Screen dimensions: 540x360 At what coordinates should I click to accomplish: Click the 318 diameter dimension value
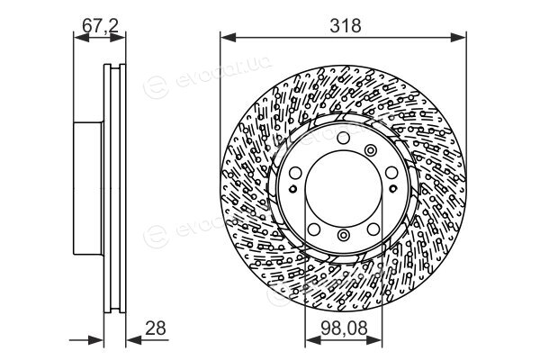pyautogui.click(x=346, y=26)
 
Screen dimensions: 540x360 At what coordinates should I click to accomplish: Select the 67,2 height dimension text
pyautogui.click(x=100, y=26)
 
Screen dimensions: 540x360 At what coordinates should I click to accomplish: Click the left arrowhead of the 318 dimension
pyautogui.click(x=228, y=38)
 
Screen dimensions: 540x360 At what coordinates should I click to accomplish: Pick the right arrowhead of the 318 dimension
pyautogui.click(x=458, y=38)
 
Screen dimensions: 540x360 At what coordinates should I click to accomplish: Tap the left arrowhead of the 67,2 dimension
pyautogui.click(x=81, y=38)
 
